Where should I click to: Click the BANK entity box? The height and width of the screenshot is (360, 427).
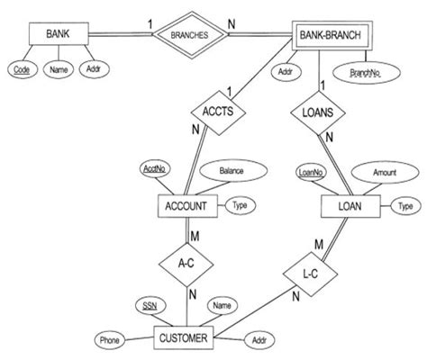(60, 36)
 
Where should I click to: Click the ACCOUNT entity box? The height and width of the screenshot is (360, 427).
(187, 206)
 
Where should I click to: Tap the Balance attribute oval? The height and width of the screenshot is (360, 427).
(232, 169)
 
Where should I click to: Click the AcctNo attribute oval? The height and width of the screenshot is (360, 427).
(153, 169)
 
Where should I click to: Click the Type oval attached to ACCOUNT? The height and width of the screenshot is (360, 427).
(239, 205)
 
